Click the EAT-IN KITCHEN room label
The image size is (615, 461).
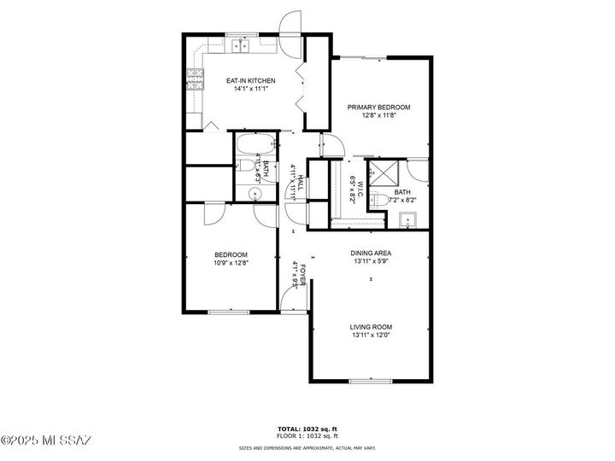[x=250, y=80]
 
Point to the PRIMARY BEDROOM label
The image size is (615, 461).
[x=378, y=108]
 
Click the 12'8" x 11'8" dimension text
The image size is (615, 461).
[x=378, y=116]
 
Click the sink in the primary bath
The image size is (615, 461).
[x=408, y=220]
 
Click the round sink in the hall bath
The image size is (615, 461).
[x=254, y=195]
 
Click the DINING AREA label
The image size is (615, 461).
[x=371, y=254]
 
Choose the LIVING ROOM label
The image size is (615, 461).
[x=371, y=327]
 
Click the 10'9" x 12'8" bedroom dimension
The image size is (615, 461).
[x=231, y=263]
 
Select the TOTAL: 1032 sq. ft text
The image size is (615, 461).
[x=307, y=429]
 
